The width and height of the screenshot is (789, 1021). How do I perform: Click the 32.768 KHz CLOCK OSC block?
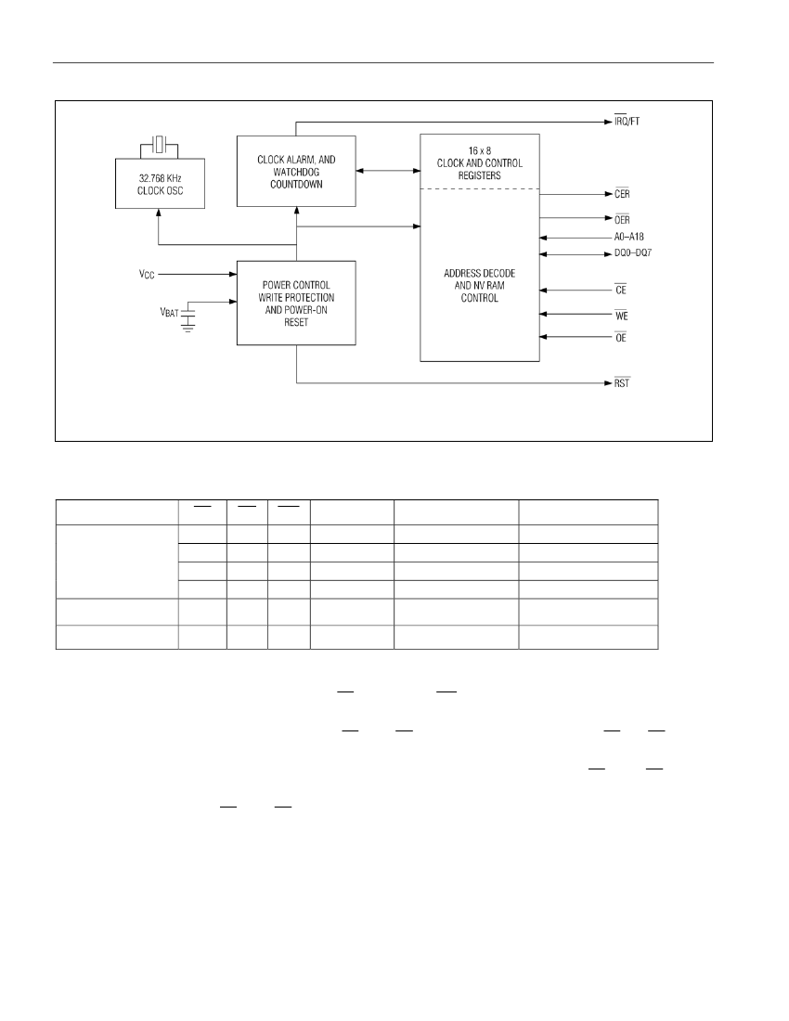(161, 184)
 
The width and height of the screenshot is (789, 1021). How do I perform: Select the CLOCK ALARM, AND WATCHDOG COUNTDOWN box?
(296, 172)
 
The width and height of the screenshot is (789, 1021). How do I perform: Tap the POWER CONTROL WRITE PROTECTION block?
(296, 303)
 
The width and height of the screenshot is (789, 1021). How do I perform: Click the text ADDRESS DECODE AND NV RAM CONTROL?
(480, 285)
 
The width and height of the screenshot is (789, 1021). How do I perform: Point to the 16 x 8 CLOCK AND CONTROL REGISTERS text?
(480, 162)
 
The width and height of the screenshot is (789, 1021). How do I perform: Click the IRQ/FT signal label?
(627, 121)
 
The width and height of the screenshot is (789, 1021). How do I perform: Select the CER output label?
(622, 193)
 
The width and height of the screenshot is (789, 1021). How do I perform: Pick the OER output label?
(622, 219)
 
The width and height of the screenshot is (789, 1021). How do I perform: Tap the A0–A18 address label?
(628, 237)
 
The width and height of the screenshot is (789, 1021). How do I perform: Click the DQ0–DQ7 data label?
(633, 252)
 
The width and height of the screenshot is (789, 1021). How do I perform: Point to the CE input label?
(620, 289)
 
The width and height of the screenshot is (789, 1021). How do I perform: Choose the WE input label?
(621, 316)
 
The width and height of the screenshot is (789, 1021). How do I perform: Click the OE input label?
(620, 337)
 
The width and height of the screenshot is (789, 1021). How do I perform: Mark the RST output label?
(622, 382)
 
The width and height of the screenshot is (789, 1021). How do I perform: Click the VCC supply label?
(147, 274)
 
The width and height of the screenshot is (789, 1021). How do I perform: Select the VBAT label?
(169, 313)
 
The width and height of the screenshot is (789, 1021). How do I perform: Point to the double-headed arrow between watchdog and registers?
(388, 171)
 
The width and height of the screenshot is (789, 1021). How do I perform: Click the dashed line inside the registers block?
(480, 188)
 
